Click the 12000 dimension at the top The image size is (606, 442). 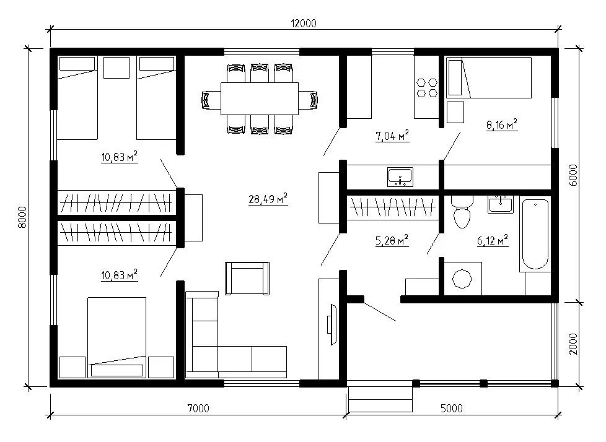[304, 24]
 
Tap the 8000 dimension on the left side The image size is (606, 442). [22, 217]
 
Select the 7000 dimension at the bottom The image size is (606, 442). [198, 408]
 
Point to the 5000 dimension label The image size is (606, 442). [452, 408]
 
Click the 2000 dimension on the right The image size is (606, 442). [573, 344]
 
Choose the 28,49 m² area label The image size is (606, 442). [268, 199]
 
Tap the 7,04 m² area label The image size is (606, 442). [392, 136]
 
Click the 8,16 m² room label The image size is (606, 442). [502, 124]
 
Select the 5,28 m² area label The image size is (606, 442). [392, 240]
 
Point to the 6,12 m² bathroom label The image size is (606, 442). [493, 241]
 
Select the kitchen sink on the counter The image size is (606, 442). [400, 177]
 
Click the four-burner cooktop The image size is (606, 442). [427, 87]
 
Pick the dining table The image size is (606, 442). [260, 98]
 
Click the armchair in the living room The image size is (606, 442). [247, 279]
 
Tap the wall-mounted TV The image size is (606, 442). [332, 324]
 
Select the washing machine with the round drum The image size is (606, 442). [462, 279]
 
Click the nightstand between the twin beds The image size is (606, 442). [116, 67]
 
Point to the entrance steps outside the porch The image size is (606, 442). [380, 399]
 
